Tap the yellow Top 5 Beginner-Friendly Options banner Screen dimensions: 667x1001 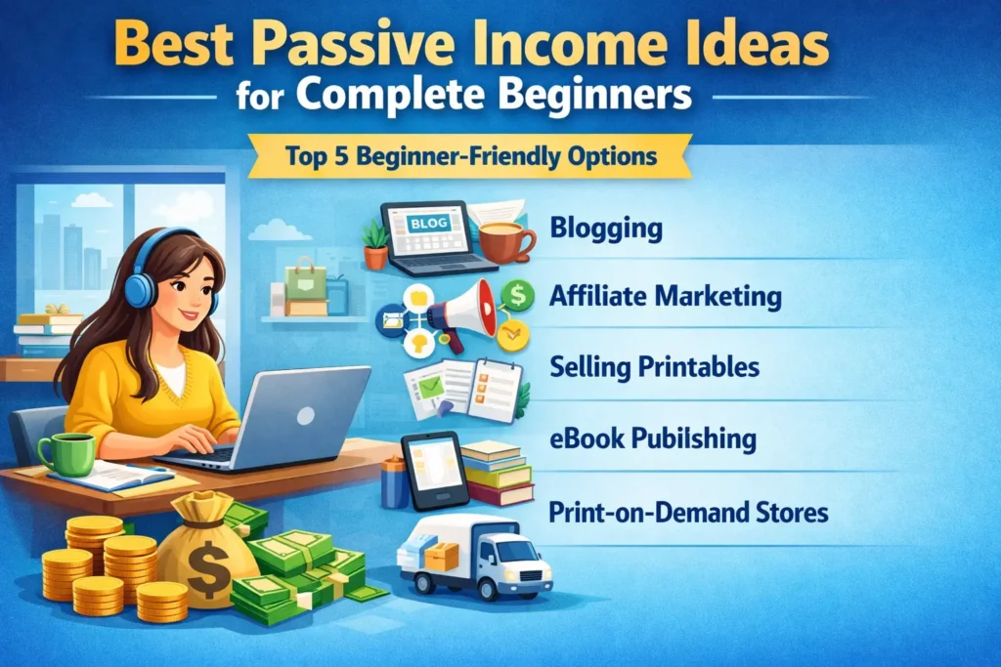click(x=469, y=155)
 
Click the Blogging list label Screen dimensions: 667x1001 click(x=606, y=229)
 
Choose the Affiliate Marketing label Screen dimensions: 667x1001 click(x=666, y=297)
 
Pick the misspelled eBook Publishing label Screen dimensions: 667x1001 click(x=653, y=438)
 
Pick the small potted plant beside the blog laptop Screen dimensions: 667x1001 click(x=376, y=244)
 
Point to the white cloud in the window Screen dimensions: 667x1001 click(x=92, y=199)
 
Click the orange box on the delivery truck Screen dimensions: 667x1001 click(x=442, y=556)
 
